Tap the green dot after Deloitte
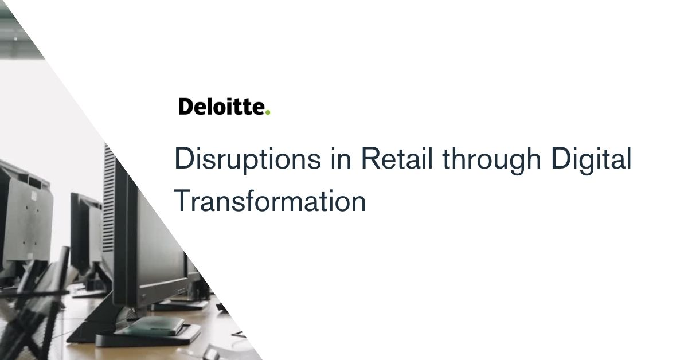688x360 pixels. pos(268,112)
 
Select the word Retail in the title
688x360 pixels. pos(397,158)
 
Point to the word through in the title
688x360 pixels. pos(491,161)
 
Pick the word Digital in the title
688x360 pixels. pos(591,161)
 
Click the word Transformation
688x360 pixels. pos(269,201)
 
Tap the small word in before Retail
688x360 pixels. pos(341,158)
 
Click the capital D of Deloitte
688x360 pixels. pos(186,107)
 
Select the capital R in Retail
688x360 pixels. pos(371,158)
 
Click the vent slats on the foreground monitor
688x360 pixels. pos(109,199)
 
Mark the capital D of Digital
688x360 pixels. pos(561,158)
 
